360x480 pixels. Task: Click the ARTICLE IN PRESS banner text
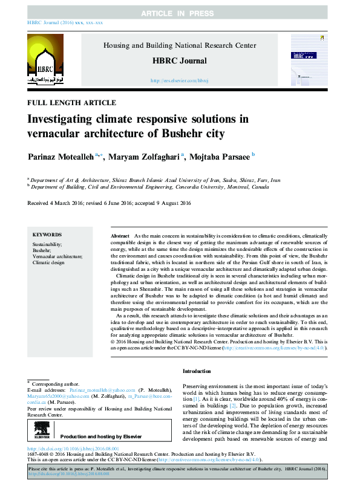tap(180, 13)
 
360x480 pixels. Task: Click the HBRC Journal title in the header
tap(180, 60)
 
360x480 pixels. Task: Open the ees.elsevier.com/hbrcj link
tap(180, 80)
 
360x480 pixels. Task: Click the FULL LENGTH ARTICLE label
tap(72, 103)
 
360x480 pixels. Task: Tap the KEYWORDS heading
tap(47, 235)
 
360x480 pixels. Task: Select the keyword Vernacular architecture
tap(58, 256)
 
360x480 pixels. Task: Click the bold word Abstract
tap(120, 235)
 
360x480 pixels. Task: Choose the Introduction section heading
tap(197, 371)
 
